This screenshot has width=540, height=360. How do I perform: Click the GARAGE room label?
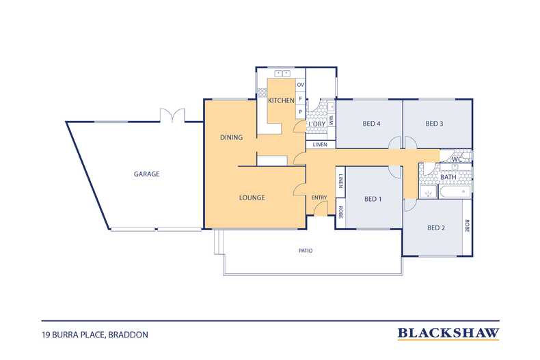tap(147, 174)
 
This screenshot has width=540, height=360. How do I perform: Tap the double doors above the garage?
tap(172, 115)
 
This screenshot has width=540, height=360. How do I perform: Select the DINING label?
tap(232, 137)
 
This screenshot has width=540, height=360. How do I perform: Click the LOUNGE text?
tap(252, 197)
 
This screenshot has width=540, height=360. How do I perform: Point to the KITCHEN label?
tap(282, 100)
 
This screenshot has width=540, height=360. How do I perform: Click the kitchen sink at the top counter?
tap(282, 74)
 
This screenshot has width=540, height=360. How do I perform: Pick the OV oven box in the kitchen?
tap(301, 85)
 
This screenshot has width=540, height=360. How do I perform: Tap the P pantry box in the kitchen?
tap(301, 112)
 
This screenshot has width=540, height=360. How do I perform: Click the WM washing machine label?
tap(332, 120)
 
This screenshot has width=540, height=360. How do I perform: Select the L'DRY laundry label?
tap(317, 124)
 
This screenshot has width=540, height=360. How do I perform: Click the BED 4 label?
tap(372, 124)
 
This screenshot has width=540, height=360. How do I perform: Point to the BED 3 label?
tap(434, 124)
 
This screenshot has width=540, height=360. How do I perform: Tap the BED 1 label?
tap(373, 199)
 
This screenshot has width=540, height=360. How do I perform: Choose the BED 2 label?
tap(436, 228)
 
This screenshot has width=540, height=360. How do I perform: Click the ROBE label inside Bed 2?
tap(467, 226)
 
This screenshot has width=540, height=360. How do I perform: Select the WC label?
tap(457, 160)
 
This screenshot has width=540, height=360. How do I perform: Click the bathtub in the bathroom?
tap(455, 192)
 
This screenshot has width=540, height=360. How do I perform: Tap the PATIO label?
tap(306, 251)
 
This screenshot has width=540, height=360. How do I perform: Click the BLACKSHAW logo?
tap(448, 333)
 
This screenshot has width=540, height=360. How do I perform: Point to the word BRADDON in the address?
tap(128, 335)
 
